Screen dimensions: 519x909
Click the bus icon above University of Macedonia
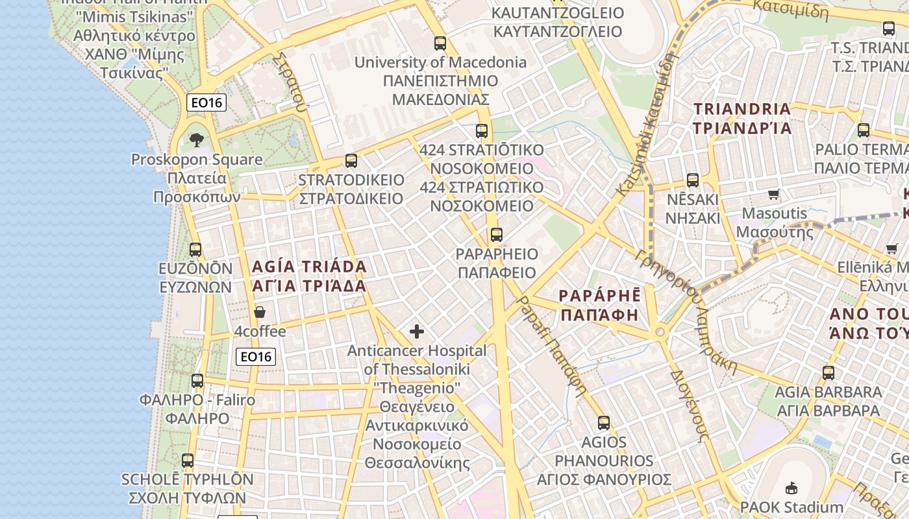(440, 43)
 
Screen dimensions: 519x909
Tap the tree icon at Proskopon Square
(196, 139)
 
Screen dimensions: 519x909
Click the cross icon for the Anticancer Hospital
(417, 332)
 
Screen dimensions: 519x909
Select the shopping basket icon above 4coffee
(260, 312)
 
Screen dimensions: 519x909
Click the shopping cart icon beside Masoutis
(773, 194)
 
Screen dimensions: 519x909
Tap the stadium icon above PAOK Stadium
(791, 488)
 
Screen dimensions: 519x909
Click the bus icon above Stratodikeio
(351, 160)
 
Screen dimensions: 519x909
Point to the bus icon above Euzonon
(195, 249)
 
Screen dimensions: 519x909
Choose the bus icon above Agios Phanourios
(604, 423)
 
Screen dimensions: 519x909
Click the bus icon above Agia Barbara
(828, 373)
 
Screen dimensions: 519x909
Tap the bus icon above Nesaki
(693, 180)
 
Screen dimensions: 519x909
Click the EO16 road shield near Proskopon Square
(206, 102)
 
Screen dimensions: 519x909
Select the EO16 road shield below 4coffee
(256, 356)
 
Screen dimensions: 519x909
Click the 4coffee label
(260, 332)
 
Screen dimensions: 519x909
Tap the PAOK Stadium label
(791, 507)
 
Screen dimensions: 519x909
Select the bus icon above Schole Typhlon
(188, 461)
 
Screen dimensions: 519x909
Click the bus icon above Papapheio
(497, 235)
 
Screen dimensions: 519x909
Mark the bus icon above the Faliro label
(197, 381)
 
